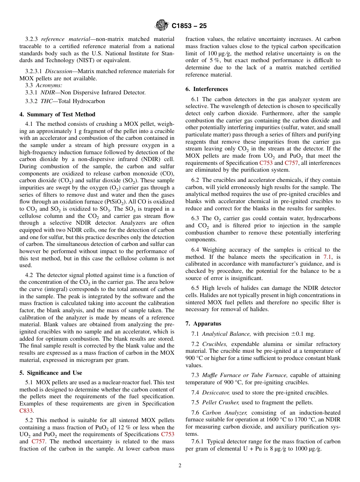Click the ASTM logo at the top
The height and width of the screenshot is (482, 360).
coord(162,26)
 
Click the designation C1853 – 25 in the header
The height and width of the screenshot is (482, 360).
coord(189,26)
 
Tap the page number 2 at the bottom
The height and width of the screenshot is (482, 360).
coord(180,466)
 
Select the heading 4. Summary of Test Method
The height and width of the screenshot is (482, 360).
coord(57,114)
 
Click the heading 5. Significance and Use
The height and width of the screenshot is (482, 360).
coord(51,373)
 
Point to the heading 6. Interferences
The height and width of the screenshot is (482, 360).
coord(207,89)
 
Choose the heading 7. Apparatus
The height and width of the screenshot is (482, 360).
coord(203,324)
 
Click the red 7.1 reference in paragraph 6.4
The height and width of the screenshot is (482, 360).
coord(327,257)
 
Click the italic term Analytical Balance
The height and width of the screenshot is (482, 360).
coord(226,334)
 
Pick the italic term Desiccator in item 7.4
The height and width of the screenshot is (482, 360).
coord(216,393)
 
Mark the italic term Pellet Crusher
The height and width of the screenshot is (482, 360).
coord(220,402)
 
